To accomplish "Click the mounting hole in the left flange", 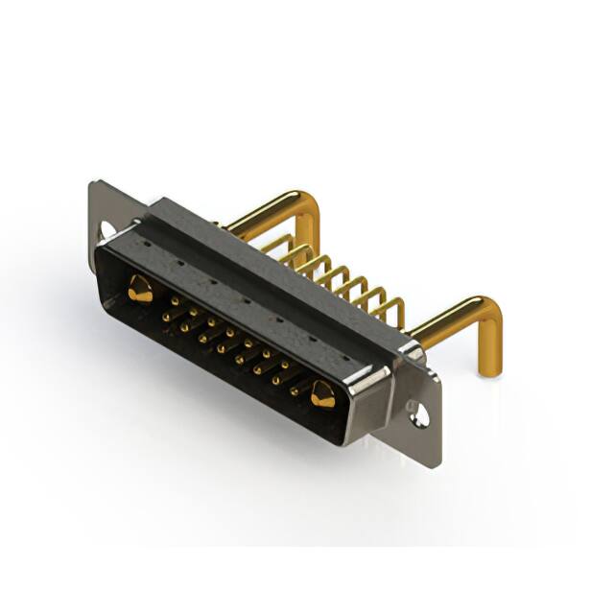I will (108, 230).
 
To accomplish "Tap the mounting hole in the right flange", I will (419, 416).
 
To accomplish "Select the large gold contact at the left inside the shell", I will (140, 289).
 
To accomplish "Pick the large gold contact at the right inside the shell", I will (321, 393).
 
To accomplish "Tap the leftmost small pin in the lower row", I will (167, 316).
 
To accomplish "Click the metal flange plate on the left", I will (100, 206).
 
